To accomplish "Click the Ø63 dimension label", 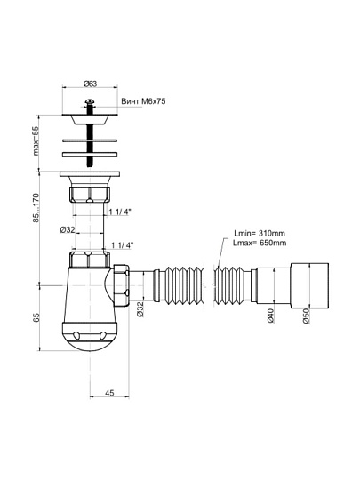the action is click(90, 84).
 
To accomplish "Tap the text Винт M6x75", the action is click(143, 101).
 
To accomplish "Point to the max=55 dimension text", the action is click(36, 141).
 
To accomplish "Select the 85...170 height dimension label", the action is click(36, 207).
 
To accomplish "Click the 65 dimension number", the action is click(36, 317).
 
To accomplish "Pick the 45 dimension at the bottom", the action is click(109, 393).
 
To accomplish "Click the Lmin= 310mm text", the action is click(260, 233).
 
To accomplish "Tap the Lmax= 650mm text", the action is click(260, 243).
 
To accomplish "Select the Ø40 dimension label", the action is click(270, 316).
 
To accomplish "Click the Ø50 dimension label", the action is click(306, 316).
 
